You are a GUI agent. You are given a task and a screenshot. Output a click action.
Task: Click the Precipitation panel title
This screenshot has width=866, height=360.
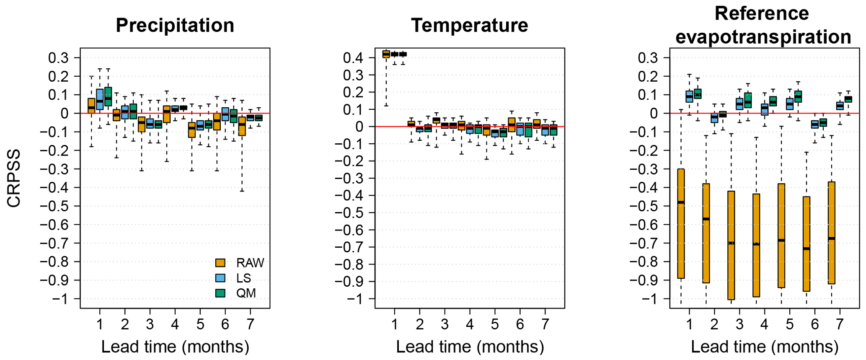pos(175,25)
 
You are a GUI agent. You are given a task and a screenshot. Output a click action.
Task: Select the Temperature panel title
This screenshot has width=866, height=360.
pos(469,25)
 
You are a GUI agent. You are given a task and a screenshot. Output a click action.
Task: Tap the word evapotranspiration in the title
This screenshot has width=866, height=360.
pos(763,37)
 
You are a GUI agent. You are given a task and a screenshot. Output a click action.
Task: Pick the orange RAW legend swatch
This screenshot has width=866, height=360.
pos(220,263)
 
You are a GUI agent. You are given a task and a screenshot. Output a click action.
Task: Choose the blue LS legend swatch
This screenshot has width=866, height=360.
pos(220,278)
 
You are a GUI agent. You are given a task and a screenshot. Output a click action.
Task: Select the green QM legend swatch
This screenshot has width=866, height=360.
pos(220,293)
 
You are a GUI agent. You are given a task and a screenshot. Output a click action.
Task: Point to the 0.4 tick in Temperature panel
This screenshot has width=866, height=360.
pos(353,58)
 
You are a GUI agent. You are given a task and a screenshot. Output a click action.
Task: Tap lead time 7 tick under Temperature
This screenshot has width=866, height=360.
pos(545,324)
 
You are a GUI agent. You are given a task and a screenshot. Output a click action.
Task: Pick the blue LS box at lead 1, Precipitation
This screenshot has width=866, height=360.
pos(100,99)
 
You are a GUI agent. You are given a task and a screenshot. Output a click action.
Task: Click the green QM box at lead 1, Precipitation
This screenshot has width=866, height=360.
pos(108,96)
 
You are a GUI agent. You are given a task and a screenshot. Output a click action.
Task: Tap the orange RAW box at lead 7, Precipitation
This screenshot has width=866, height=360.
pos(242,126)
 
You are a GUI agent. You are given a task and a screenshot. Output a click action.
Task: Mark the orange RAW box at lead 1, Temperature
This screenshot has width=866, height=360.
pos(386,54)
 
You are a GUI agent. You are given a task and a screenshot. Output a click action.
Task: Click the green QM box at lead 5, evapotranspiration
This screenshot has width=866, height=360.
pos(798,96)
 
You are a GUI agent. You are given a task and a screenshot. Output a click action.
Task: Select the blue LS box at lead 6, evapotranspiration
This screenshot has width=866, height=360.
pos(815,124)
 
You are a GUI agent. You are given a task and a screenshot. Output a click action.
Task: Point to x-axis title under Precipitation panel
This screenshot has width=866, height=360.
pos(175,347)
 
